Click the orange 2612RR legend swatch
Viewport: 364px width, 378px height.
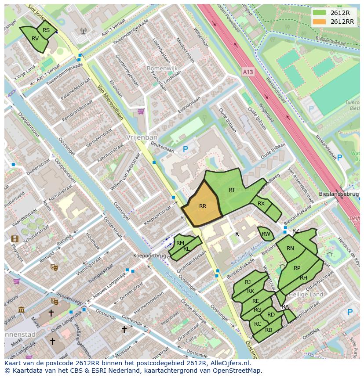click(x=320, y=22)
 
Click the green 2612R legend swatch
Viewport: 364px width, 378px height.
click(x=320, y=13)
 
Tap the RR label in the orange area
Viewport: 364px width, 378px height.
click(x=203, y=206)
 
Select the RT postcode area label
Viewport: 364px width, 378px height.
click(x=232, y=190)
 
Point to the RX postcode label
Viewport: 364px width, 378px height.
click(x=261, y=204)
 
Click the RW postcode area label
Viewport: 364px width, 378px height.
click(x=266, y=234)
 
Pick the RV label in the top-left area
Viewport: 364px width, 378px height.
click(x=35, y=39)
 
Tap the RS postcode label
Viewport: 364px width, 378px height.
click(x=46, y=30)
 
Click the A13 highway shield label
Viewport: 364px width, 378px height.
click(x=248, y=70)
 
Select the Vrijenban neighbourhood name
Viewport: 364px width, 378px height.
click(x=139, y=137)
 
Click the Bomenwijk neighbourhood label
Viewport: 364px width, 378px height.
click(x=149, y=69)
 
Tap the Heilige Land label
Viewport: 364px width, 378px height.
click(x=308, y=294)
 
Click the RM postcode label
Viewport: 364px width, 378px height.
click(x=180, y=243)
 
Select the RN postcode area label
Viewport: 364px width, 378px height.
click(x=290, y=248)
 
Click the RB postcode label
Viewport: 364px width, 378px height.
click(x=269, y=330)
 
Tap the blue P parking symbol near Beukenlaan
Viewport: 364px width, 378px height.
click(x=185, y=150)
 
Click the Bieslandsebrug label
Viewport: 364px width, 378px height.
click(x=339, y=194)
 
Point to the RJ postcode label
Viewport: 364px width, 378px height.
click(x=248, y=282)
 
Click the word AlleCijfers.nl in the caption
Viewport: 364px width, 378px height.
click(x=229, y=363)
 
